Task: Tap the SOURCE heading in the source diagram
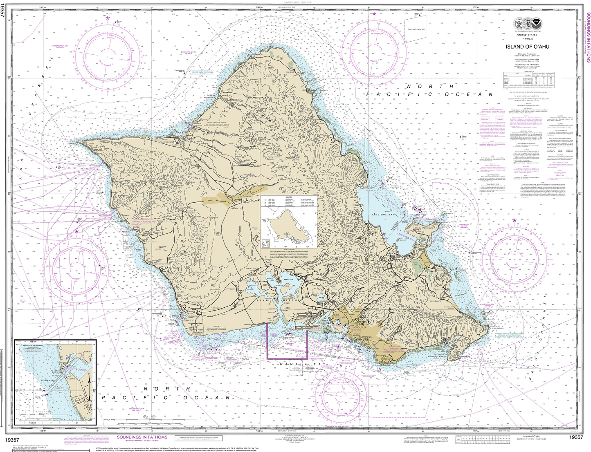point(289,197)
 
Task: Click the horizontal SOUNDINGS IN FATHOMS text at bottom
point(142,437)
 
